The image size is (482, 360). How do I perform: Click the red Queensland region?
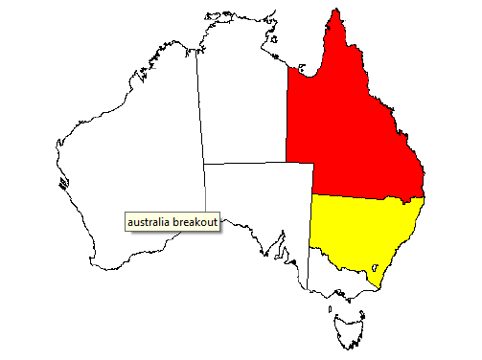pyautogui.click(x=355, y=134)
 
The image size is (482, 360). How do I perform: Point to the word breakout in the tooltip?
pyautogui.click(x=195, y=222)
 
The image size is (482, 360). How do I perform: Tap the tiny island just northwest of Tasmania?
pyautogui.click(x=330, y=309)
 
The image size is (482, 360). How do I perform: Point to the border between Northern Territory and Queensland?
pyautogui.click(x=287, y=124)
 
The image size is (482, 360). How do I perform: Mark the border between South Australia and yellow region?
pyautogui.click(x=311, y=220)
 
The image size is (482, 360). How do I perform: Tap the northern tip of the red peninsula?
pyautogui.click(x=334, y=11)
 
